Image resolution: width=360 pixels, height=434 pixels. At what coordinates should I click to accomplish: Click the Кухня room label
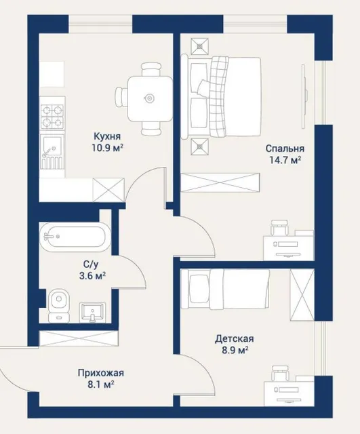107,136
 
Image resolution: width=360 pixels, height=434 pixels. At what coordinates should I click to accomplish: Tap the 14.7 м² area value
285,160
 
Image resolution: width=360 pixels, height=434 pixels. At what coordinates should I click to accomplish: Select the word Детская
234,339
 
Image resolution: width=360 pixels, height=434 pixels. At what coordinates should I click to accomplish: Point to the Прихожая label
101,373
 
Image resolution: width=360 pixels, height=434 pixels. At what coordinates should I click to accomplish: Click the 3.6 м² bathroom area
92,276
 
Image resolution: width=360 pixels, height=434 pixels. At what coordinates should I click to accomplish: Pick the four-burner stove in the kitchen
52,116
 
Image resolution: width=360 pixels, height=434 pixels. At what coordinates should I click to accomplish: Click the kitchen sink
52,152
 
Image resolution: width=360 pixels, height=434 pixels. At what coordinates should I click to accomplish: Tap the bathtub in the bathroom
75,237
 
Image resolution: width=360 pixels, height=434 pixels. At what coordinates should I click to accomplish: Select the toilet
58,305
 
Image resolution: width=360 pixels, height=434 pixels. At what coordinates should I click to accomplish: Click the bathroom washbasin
92,313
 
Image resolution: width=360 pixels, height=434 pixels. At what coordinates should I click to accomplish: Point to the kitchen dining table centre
150,98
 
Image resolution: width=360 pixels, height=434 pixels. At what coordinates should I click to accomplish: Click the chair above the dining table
151,69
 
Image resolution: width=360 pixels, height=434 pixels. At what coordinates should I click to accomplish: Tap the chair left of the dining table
121,96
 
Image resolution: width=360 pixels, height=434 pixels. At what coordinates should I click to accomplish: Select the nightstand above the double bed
199,46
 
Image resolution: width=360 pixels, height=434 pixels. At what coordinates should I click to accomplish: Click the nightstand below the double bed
199,146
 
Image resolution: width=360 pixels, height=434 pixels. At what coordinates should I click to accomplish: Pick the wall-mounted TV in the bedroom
304,96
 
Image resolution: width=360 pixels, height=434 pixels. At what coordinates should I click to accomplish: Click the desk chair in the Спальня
280,228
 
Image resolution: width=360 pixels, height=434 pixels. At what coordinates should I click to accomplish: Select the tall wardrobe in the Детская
302,295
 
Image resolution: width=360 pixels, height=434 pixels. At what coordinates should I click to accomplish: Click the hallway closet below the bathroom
79,338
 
